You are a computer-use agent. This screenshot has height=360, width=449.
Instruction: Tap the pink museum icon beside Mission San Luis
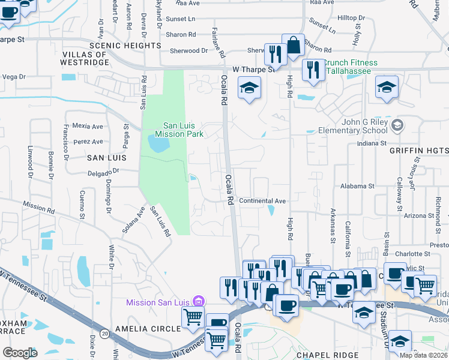[200, 302]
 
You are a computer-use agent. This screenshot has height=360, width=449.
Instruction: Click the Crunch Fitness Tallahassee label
[351, 67]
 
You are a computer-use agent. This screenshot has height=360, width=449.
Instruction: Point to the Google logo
[20, 353]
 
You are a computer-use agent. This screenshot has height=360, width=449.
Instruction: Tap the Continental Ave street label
[262, 200]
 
